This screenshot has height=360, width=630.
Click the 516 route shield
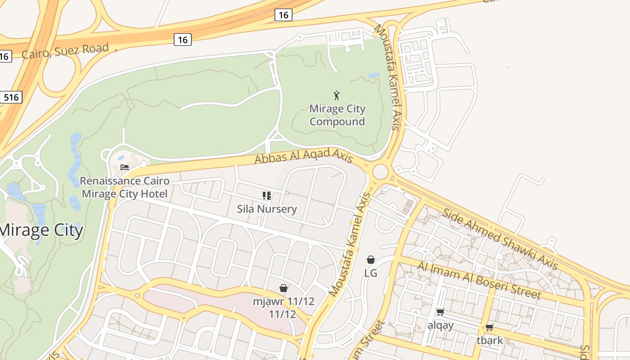click(x=11, y=97)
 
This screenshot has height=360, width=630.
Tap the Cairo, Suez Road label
click(x=65, y=51)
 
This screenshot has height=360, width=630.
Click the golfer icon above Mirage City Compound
click(x=337, y=95)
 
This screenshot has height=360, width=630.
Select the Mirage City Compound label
click(x=337, y=115)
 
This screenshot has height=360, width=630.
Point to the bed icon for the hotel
click(x=125, y=167)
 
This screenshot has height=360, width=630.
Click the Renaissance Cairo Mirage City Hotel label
click(x=125, y=188)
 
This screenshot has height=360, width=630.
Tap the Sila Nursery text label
click(x=267, y=209)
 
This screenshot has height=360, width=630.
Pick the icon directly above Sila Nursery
click(x=267, y=196)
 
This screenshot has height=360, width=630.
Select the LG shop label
click(x=371, y=273)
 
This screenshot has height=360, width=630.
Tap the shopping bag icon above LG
click(x=371, y=260)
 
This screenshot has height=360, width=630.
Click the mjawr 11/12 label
click(x=283, y=307)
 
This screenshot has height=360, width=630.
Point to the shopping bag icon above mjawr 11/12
click(x=283, y=288)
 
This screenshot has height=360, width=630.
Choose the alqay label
click(x=441, y=325)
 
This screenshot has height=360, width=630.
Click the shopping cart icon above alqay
click(x=441, y=312)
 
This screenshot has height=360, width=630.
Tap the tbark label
click(x=490, y=340)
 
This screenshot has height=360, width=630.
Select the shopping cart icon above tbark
click(x=490, y=327)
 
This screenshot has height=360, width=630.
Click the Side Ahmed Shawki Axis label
click(x=500, y=239)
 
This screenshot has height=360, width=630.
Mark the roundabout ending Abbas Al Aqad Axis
click(x=381, y=171)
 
